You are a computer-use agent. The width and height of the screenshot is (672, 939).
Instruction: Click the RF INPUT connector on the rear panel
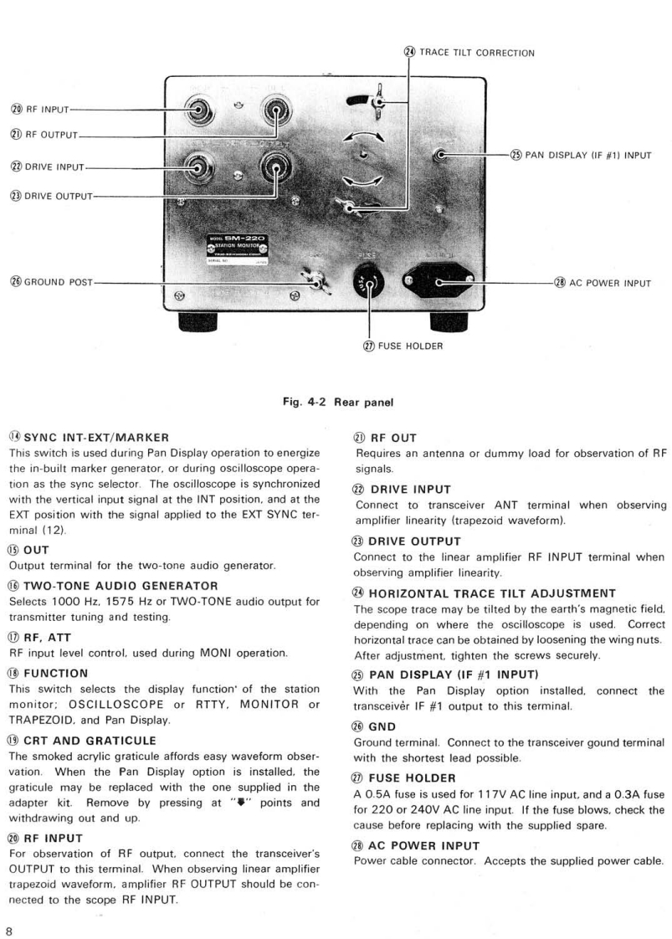[197, 110]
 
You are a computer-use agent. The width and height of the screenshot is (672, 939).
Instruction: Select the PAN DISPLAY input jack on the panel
[442, 155]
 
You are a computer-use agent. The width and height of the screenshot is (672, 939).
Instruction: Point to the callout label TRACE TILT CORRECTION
[476, 53]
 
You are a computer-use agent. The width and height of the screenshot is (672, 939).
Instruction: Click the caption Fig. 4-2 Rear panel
[336, 402]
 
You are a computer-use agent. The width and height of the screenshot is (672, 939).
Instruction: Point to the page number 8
[10, 909]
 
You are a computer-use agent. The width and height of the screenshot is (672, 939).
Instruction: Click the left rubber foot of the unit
[203, 321]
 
